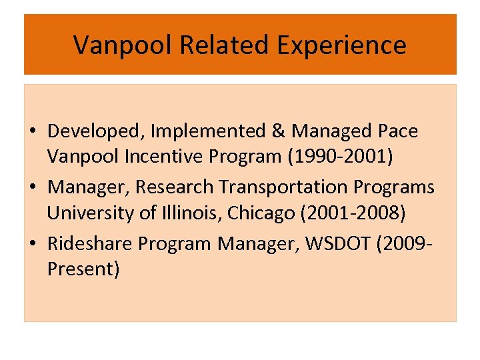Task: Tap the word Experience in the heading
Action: point(341,45)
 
